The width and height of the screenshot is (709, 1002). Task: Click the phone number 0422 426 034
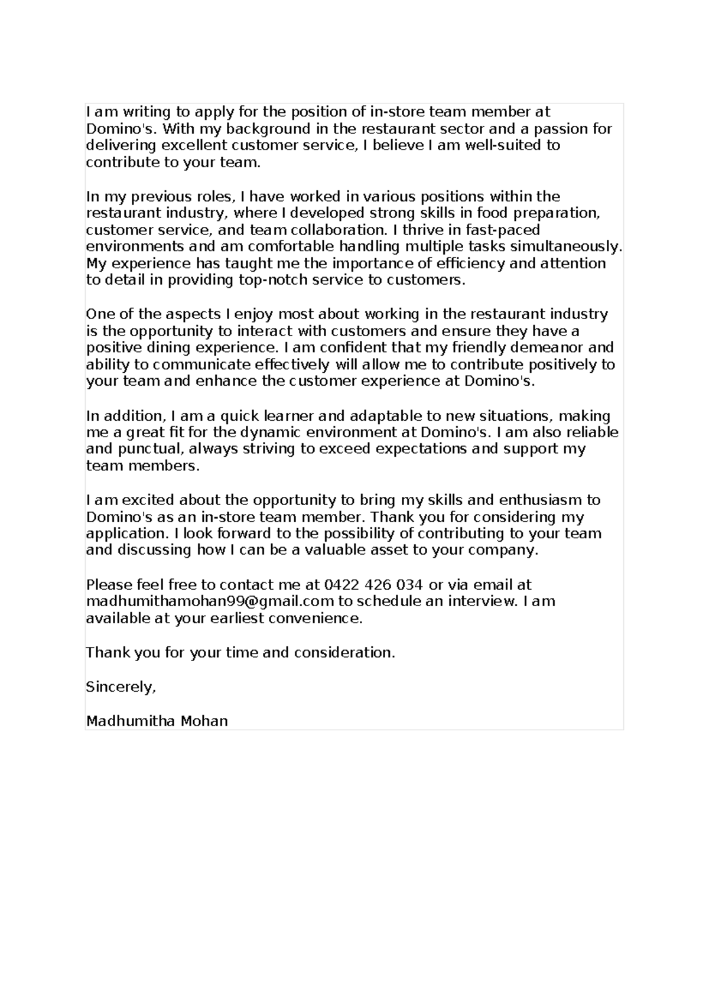[373, 585]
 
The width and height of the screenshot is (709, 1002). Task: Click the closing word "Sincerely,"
[121, 687]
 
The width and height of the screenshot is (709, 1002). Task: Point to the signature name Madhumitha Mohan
[157, 721]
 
